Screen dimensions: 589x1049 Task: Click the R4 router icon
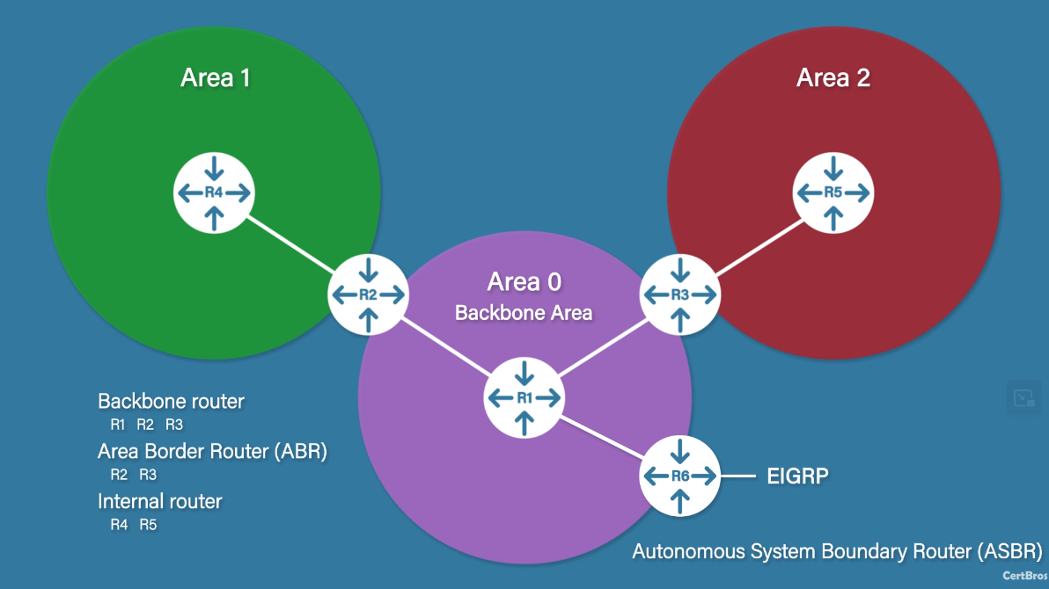pos(215,193)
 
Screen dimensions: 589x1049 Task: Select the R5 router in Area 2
pos(833,193)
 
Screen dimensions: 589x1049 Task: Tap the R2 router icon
pos(368,294)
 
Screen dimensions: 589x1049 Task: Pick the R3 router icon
pos(679,294)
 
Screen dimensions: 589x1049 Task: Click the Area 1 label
pos(216,77)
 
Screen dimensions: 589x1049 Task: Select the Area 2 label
pos(833,77)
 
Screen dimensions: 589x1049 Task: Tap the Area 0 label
pos(524,282)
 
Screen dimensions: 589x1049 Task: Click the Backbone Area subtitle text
pos(524,313)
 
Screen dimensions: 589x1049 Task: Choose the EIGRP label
pos(798,476)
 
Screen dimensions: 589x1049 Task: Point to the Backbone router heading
pos(171,402)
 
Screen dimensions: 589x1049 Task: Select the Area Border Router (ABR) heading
pos(212,452)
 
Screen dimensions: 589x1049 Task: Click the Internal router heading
pos(159,502)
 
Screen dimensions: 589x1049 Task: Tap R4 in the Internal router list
pos(119,525)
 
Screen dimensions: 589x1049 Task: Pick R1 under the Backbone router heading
pos(119,425)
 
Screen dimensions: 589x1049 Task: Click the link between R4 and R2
pos(291,244)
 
